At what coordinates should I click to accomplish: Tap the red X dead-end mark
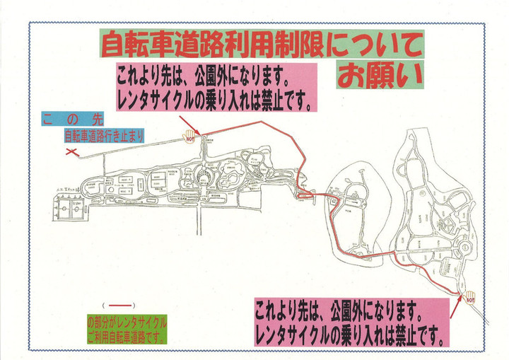coord(71,151)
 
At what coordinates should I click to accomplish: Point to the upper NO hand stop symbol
coord(189,134)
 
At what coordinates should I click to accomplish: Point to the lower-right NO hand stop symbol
coord(468,296)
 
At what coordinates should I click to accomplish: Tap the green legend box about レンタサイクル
coord(126,326)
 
